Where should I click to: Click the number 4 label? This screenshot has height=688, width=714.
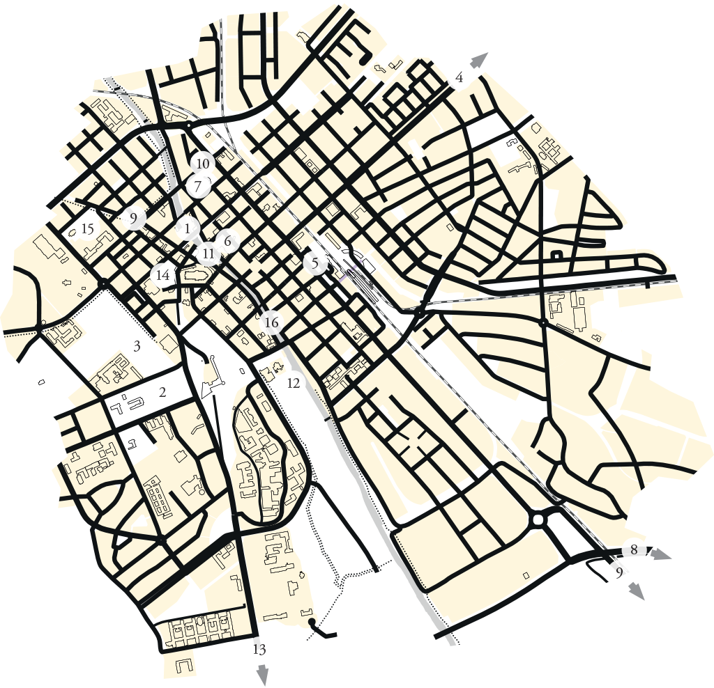[x=459, y=77]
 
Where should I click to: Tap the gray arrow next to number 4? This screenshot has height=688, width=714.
[x=476, y=61]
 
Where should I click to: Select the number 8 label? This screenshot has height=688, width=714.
[x=633, y=549]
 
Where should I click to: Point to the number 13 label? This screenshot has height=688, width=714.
[x=259, y=650]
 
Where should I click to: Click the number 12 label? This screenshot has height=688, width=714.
[x=293, y=382]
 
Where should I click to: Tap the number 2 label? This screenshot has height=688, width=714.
[x=162, y=392]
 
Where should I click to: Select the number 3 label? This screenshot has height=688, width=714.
[x=137, y=345]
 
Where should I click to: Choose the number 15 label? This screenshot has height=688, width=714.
[x=87, y=228]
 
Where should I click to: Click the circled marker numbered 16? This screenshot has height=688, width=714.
[x=272, y=323]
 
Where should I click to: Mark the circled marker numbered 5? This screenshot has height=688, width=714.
[x=316, y=264]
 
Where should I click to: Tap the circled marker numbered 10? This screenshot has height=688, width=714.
[x=203, y=164]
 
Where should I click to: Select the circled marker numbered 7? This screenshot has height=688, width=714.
[x=198, y=187]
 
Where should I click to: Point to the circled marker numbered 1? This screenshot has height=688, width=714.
[x=187, y=228]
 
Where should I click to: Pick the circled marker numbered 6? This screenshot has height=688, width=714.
[x=227, y=241]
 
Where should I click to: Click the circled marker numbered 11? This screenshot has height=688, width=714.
[x=208, y=254]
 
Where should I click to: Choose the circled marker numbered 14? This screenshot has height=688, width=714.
[x=162, y=275]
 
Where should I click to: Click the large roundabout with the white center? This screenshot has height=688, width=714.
[x=538, y=520]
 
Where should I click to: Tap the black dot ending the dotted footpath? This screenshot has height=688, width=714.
[x=312, y=621]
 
